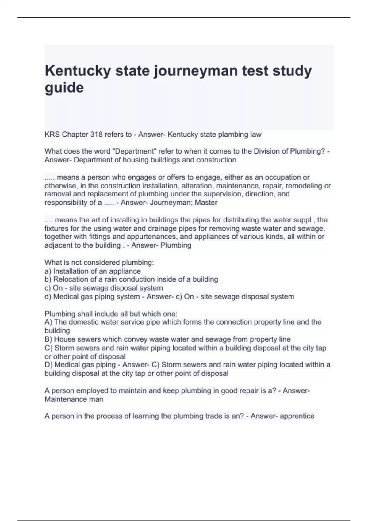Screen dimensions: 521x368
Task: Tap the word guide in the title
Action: coord(64,88)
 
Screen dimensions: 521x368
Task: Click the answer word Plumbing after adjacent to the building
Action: coord(176,245)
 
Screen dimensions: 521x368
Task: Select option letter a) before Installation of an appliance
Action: coord(48,271)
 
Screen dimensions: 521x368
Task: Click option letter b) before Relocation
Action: coord(48,280)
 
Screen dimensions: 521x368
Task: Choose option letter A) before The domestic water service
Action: coord(48,322)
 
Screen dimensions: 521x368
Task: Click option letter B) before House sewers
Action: coord(48,339)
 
